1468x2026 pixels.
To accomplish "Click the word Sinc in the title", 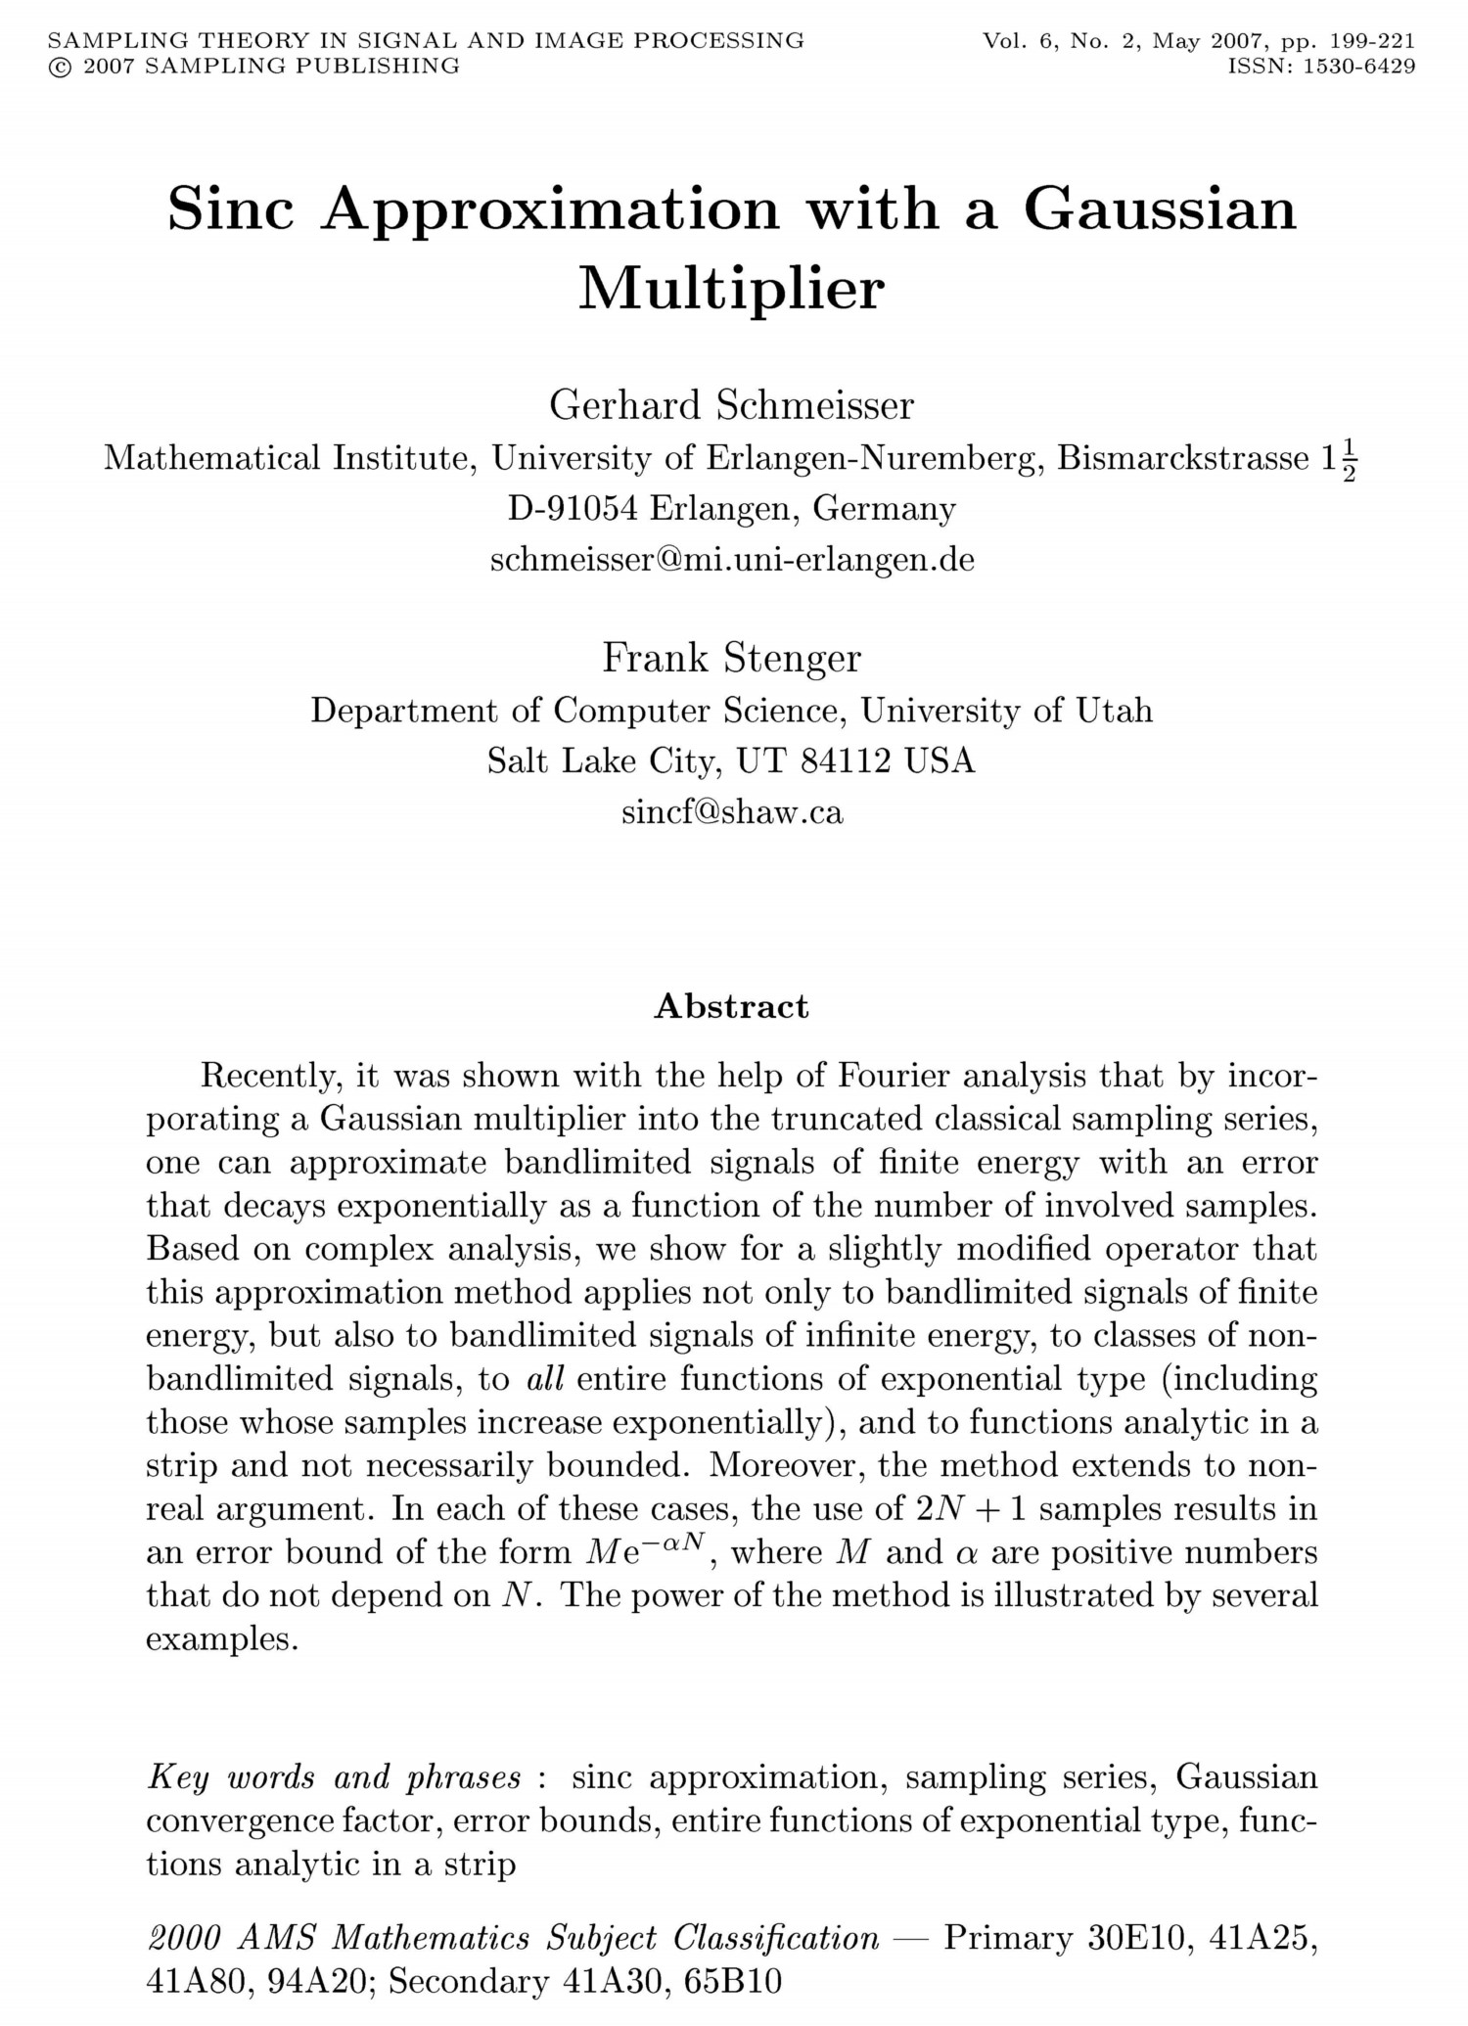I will [x=231, y=208].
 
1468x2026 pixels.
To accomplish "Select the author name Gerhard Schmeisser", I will [x=732, y=405].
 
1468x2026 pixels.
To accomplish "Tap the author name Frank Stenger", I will [x=732, y=658].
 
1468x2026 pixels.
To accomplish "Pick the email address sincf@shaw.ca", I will [x=732, y=812].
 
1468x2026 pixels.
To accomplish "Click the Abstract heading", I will [x=732, y=1006].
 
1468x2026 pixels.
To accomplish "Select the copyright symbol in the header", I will [x=59, y=67].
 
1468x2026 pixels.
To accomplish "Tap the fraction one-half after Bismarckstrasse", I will [x=1350, y=459].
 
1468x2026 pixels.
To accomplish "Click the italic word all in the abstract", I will [x=545, y=1379].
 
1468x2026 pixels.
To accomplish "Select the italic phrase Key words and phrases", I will [x=335, y=1776].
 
